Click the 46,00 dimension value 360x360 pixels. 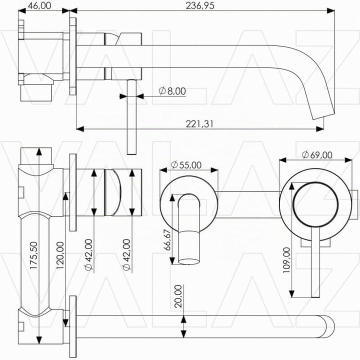[x=39, y=5]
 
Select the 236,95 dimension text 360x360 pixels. [x=200, y=5]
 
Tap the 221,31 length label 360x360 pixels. [x=199, y=124]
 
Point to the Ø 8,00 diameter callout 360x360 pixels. [x=172, y=91]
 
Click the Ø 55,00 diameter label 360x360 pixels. [x=186, y=165]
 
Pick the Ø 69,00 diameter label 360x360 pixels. [x=317, y=155]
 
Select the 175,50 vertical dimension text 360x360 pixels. [x=33, y=255]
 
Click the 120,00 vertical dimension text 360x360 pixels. [x=60, y=255]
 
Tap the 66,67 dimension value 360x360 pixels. [x=167, y=240]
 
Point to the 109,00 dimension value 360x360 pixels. [x=286, y=260]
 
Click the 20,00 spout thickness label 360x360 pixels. [x=178, y=296]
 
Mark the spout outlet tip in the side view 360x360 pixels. [x=323, y=115]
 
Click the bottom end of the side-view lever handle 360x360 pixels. [x=131, y=153]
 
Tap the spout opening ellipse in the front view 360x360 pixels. [x=189, y=261]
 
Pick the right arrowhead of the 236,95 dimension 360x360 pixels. [x=330, y=10]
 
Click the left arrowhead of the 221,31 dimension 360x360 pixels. [x=80, y=129]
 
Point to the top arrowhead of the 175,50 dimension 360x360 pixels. [x=39, y=152]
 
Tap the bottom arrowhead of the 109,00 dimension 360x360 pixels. [x=291, y=293]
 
